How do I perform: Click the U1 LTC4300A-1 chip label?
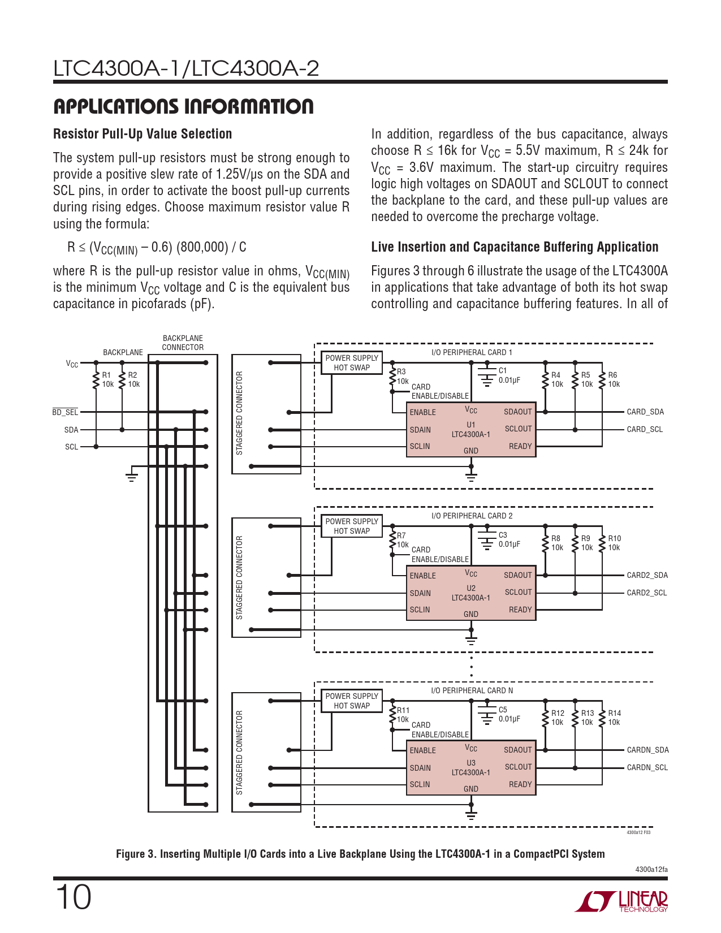point(470,430)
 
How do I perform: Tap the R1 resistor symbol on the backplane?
point(96,380)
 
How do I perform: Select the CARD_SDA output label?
point(645,412)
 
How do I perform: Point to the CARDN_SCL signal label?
point(647,767)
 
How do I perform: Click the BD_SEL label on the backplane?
point(65,412)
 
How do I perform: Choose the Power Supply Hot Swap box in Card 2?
point(352,526)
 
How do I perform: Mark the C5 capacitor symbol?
point(486,715)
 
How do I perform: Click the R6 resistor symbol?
point(603,380)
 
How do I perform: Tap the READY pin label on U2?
point(520,610)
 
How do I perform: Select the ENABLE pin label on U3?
point(422,750)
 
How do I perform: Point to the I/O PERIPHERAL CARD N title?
point(472,690)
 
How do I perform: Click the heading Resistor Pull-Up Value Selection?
point(143,134)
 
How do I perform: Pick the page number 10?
point(73,897)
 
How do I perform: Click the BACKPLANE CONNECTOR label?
point(183,343)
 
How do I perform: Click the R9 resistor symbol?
point(575,543)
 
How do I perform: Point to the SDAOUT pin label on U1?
point(517,412)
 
